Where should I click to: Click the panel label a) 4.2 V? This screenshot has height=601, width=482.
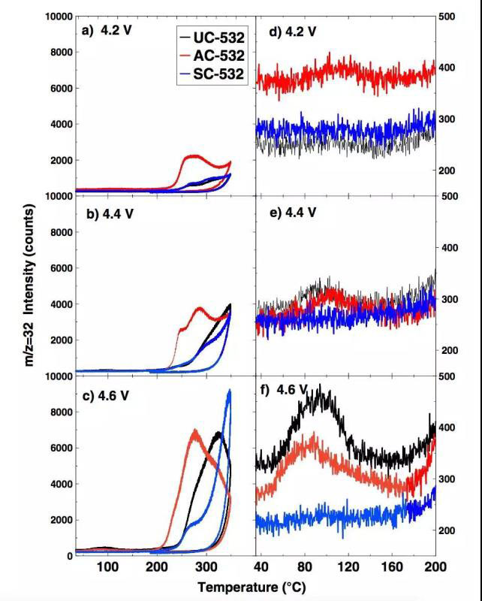pyautogui.click(x=107, y=32)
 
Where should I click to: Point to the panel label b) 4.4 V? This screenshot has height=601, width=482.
pyautogui.click(x=107, y=212)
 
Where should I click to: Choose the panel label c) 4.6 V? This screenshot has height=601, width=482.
pyautogui.click(x=107, y=392)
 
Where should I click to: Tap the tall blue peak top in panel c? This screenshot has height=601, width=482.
pyautogui.click(x=230, y=391)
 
